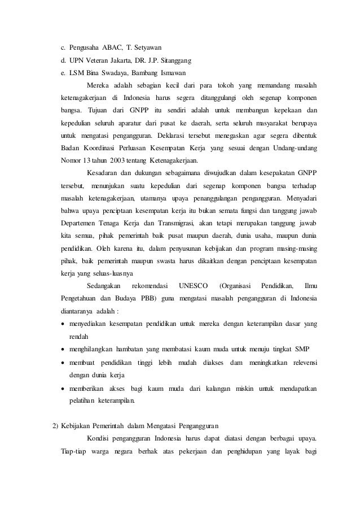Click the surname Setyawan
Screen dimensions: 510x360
[x=148, y=46]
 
